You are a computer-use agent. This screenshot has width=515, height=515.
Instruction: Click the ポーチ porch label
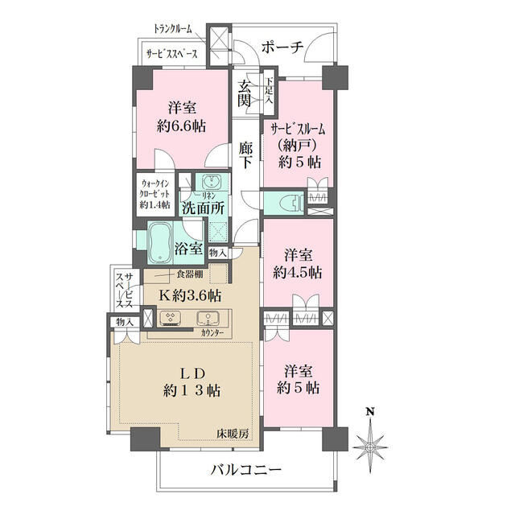[282, 47]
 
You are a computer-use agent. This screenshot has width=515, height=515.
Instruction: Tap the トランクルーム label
[173, 29]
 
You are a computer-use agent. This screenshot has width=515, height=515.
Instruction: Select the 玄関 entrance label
[245, 93]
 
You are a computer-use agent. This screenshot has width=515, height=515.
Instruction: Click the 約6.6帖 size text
[181, 126]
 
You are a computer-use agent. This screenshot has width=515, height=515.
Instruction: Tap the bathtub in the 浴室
[160, 242]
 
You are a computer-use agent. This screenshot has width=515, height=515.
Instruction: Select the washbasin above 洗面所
[212, 181]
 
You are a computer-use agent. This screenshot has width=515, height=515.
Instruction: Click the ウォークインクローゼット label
[154, 194]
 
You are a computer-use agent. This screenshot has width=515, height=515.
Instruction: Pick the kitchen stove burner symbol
[171, 318]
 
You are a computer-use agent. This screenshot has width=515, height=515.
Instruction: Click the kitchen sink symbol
[208, 318]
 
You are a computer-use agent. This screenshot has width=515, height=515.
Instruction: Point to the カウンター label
[212, 333]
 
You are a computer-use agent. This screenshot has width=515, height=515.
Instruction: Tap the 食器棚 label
[190, 274]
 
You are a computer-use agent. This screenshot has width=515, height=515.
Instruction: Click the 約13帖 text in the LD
[192, 390]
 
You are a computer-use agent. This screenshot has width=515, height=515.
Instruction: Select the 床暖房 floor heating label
[233, 434]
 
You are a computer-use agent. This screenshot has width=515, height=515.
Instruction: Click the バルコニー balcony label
[246, 470]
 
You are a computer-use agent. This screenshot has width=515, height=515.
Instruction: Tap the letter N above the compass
[371, 411]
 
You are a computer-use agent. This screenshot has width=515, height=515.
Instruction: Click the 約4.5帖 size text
[298, 273]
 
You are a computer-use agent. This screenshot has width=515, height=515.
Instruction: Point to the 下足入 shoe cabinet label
[270, 90]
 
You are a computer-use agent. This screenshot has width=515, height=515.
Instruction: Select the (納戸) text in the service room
[297, 145]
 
